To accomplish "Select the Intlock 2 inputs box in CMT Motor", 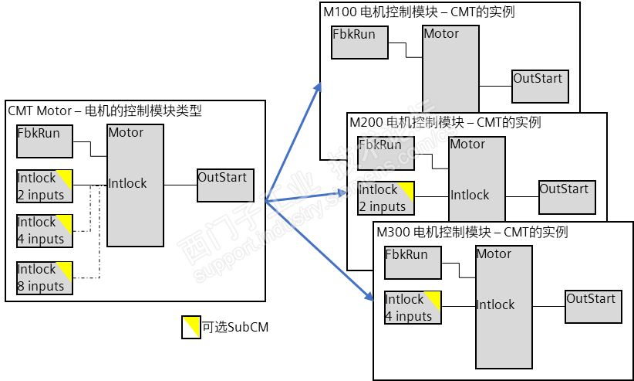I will (45, 187).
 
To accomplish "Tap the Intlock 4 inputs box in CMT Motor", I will (45, 231).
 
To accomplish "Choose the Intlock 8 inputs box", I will (45, 278).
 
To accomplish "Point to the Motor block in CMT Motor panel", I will (135, 185).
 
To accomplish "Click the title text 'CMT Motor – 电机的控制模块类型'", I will (105, 111).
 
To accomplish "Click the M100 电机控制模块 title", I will (418, 12).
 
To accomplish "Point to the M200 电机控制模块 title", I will (445, 122).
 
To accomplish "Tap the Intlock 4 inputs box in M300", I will (413, 308).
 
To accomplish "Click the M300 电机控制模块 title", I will (472, 232).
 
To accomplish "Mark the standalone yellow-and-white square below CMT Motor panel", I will (191, 327).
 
